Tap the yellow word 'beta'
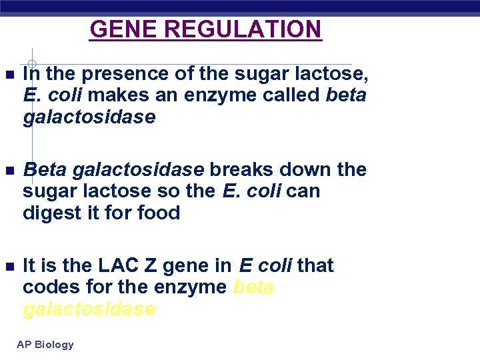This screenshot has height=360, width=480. coord(253,287)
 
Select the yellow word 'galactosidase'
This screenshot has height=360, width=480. coord(89,309)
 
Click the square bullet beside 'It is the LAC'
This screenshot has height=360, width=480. coord(7,266)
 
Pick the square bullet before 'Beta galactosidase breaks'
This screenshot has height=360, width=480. coord(7,170)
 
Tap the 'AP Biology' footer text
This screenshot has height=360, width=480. coord(45,345)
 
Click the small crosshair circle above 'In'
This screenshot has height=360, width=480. coord(31,65)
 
